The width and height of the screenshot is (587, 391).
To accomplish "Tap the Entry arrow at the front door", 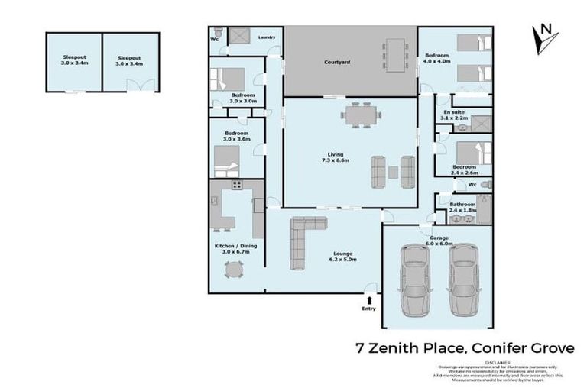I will pyautogui.click(x=370, y=299).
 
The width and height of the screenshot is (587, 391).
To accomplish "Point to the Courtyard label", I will pyautogui.click(x=337, y=62).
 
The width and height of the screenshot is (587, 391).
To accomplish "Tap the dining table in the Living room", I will pyautogui.click(x=360, y=117).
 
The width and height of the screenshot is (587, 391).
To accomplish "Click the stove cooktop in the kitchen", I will pyautogui.click(x=237, y=184).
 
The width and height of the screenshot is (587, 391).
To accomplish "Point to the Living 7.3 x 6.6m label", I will pyautogui.click(x=337, y=157).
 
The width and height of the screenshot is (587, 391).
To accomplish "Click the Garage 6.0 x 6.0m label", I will pyautogui.click(x=439, y=241).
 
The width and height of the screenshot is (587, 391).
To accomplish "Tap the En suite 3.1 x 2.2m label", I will pyautogui.click(x=454, y=115).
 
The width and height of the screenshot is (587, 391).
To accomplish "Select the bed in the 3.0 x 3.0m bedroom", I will pyautogui.click(x=228, y=78).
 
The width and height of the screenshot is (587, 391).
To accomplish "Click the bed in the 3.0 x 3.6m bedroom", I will pyautogui.click(x=227, y=160).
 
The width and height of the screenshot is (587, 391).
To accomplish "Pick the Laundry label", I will pyautogui.click(x=267, y=37).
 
